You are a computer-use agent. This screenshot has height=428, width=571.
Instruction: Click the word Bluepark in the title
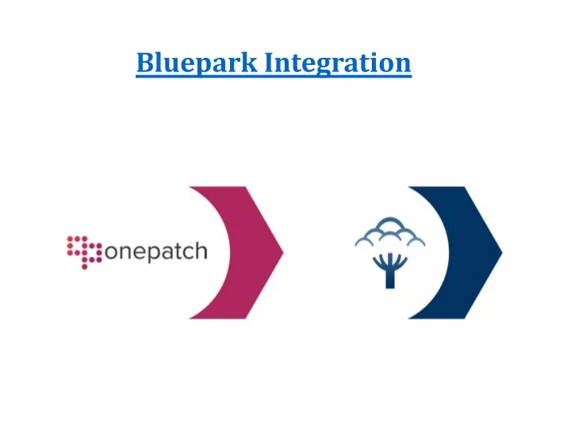coord(197,63)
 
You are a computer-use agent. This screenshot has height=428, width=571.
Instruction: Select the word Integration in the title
coord(338,63)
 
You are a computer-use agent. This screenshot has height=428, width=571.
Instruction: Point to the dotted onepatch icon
coord(85,252)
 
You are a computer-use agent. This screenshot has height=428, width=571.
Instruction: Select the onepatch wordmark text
coord(156,251)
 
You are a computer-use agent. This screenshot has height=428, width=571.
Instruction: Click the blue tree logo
coord(390,253)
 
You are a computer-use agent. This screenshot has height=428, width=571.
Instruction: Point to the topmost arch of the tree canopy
coord(390,220)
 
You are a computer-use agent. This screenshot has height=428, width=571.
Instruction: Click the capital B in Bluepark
coord(145,63)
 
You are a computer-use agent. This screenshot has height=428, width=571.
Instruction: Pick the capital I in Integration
coord(270,63)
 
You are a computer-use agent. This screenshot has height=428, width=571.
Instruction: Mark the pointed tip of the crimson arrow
coord(283,252)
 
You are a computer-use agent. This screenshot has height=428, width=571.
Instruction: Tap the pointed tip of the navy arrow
coord(502,252)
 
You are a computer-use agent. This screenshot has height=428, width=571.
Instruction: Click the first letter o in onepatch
coord(111,252)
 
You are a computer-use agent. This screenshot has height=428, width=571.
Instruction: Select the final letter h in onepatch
coord(201,250)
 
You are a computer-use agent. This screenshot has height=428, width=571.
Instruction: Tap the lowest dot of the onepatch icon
coord(85,267)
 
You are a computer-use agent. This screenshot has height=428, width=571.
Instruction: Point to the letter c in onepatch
coord(188,252)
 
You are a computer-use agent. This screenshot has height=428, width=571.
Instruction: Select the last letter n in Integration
coord(403,65)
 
